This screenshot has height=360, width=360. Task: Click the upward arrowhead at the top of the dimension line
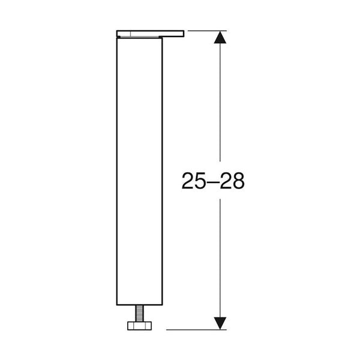coord(220,37)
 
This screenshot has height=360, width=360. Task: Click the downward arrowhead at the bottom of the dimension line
coord(220,323)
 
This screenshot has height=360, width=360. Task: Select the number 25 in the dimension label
coord(193,181)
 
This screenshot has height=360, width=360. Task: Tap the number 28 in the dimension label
coord(232,181)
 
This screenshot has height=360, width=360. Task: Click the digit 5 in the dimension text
coord(200,181)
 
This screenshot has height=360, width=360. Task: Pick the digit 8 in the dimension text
coord(239,181)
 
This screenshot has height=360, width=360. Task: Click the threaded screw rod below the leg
coord(139,313)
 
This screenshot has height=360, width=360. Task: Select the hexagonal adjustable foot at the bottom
coord(139,326)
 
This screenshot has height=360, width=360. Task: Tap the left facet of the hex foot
coord(131,326)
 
